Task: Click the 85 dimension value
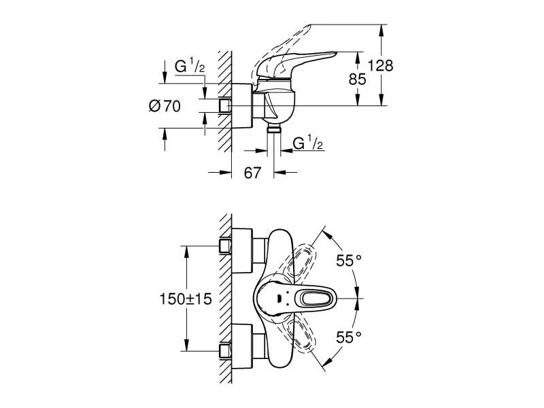point(357,79)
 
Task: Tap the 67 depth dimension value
point(252,173)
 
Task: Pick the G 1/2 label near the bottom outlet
point(307,143)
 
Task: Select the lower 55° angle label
point(349,336)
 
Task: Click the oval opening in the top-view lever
point(315,297)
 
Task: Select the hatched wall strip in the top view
point(224,299)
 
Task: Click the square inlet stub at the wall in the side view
point(226,105)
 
